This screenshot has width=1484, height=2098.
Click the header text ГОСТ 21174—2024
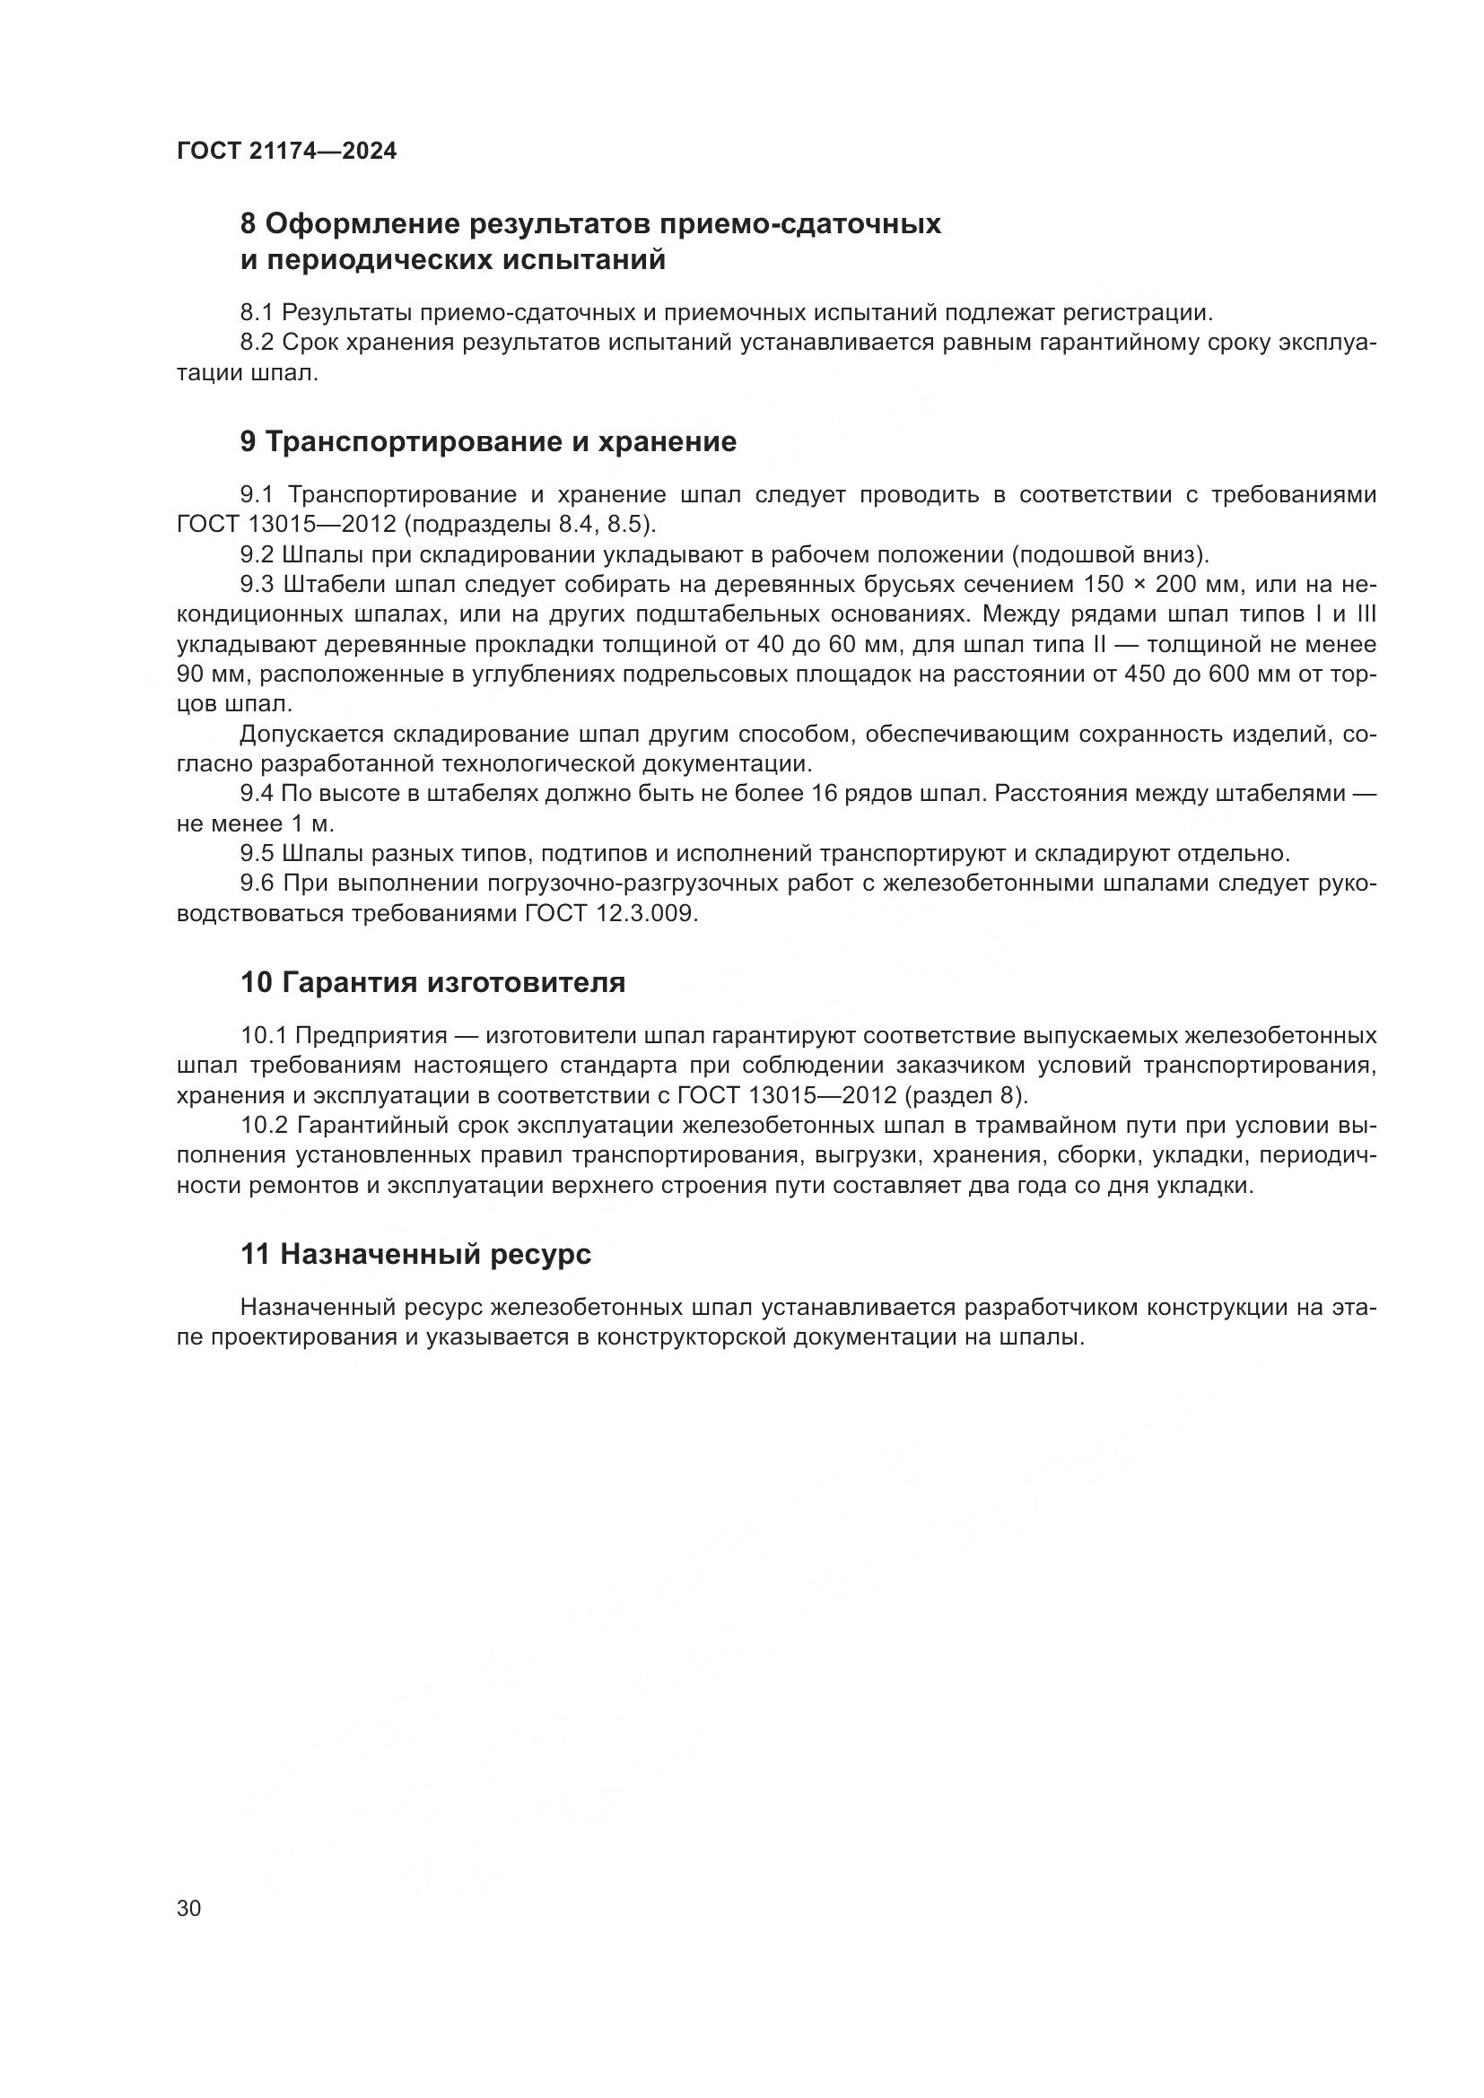[286, 152]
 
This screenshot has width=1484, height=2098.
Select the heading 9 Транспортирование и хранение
[488, 442]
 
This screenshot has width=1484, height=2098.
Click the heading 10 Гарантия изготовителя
[433, 983]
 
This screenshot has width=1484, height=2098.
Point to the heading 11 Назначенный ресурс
[415, 1254]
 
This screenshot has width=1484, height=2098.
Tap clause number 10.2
[265, 1125]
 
